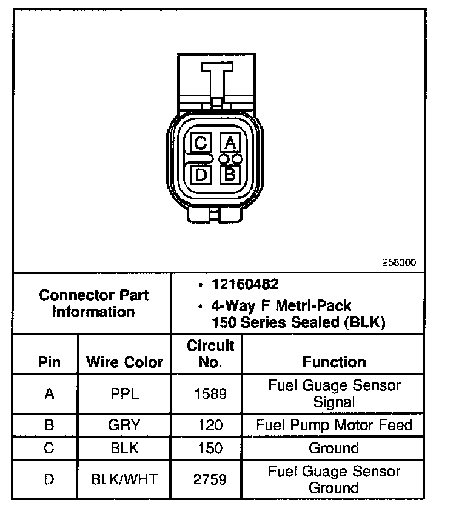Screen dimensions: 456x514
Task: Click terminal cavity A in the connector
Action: (x=229, y=143)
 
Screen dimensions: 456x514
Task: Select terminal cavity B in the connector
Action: (x=229, y=175)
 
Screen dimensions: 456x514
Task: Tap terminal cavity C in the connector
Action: (x=201, y=143)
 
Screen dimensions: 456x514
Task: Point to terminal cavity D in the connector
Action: (x=201, y=175)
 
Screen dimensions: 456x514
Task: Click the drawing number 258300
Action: (x=399, y=264)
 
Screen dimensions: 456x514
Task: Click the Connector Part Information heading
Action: (x=93, y=304)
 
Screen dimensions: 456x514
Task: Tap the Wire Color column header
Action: (x=125, y=362)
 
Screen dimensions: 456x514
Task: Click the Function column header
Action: (x=334, y=362)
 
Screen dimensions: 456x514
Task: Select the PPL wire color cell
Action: (x=124, y=393)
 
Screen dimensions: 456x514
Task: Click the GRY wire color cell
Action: (x=124, y=424)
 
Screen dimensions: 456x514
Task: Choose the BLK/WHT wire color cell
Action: (x=124, y=479)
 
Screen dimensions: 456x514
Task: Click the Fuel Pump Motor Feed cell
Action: (x=334, y=424)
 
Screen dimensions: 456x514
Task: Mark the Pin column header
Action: (x=49, y=362)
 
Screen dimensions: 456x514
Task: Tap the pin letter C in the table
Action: (x=49, y=449)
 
